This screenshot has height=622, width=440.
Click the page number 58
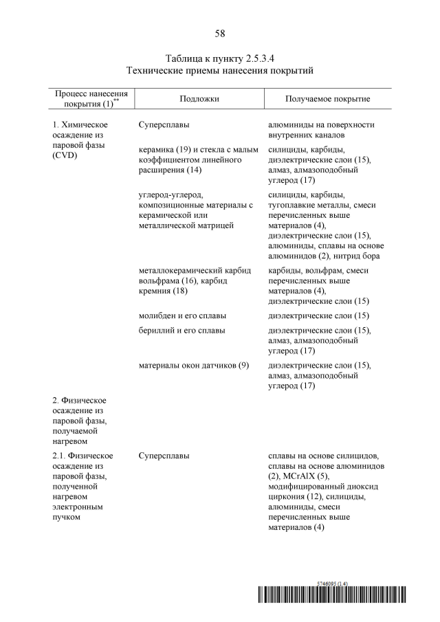click(x=220, y=33)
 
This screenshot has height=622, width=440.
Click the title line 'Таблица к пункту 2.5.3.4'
click(x=220, y=58)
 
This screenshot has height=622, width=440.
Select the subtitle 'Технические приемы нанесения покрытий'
click(x=220, y=71)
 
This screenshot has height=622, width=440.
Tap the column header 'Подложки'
click(x=199, y=99)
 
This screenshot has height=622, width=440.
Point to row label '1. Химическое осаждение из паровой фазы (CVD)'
click(x=81, y=140)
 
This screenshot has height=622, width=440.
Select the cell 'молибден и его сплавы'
click(x=182, y=315)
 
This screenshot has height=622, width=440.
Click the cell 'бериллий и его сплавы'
click(x=181, y=331)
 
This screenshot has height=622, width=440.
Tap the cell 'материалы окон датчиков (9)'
click(x=193, y=365)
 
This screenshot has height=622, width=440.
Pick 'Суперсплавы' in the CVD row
click(x=164, y=125)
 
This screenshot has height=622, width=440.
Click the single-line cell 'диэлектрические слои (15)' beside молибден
click(x=318, y=315)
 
